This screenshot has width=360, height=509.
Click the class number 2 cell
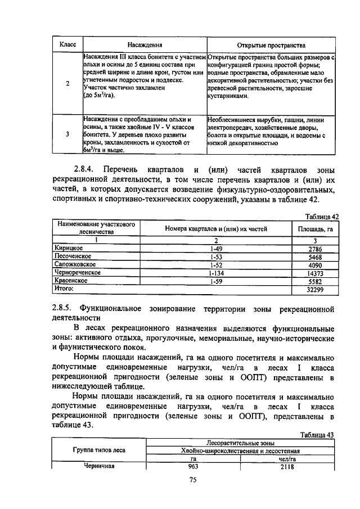(x=68, y=84)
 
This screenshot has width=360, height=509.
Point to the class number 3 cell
(x=68, y=134)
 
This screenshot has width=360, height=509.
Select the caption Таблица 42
(x=322, y=216)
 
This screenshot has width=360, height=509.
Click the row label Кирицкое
(x=69, y=247)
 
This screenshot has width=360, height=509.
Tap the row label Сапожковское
(x=75, y=264)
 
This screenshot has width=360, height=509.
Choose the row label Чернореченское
(x=77, y=272)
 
